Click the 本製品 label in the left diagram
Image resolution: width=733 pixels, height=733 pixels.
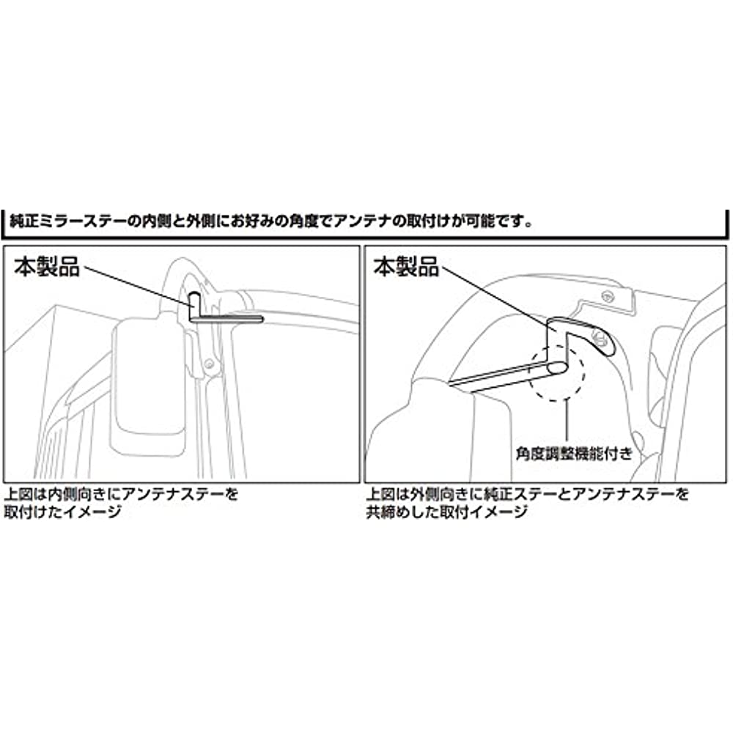click(47, 267)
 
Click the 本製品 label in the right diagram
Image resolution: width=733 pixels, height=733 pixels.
click(406, 267)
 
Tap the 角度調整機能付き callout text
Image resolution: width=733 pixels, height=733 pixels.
click(574, 453)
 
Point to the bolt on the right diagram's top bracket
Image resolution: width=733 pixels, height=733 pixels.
click(607, 295)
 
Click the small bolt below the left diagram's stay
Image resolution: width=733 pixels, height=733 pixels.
click(210, 363)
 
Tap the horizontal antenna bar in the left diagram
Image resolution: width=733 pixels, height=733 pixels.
click(226, 320)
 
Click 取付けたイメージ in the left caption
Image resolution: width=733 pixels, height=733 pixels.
click(62, 512)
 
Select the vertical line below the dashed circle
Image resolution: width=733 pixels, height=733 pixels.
click(567, 423)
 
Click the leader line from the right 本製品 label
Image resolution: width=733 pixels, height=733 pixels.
click(499, 299)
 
